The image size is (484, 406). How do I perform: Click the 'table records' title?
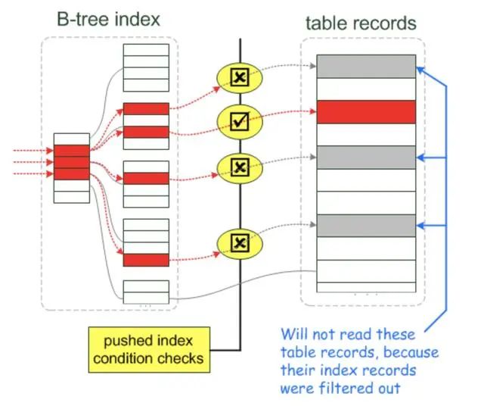coord(361,23)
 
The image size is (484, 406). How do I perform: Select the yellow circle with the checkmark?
coord(239,119)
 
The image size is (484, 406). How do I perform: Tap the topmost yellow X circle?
coord(239,77)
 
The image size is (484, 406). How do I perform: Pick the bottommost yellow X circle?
coord(239,242)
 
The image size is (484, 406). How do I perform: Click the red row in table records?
coord(366,111)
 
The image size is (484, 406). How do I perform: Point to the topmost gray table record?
coord(366,66)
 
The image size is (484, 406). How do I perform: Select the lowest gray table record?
coord(366,225)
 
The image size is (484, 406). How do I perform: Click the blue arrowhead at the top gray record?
coord(420,70)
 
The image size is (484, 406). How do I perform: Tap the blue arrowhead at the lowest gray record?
coord(420,224)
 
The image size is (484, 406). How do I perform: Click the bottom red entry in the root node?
coord(71,173)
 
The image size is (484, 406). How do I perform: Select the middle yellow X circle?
coord(239,166)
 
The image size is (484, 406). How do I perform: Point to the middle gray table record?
coord(366,158)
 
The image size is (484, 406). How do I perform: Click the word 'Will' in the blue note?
coord(293,334)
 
